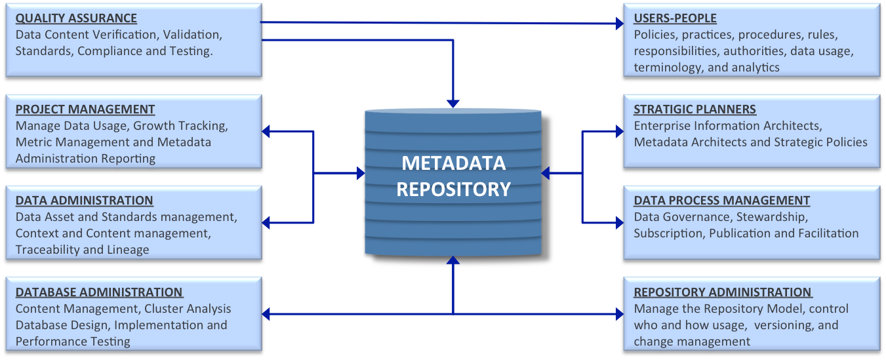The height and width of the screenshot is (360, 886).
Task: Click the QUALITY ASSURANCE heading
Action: (x=76, y=18)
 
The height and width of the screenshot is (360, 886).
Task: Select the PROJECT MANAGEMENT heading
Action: (x=85, y=110)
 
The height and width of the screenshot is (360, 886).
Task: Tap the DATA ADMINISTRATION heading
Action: (x=84, y=201)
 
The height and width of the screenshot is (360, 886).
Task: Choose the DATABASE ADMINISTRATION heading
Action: (x=99, y=292)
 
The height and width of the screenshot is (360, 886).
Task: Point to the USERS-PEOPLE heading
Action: (x=675, y=18)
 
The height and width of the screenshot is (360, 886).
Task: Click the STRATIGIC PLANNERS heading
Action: (x=695, y=110)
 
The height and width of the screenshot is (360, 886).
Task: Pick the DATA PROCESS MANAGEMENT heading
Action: (x=721, y=201)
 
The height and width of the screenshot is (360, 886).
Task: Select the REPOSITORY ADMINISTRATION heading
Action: (x=722, y=292)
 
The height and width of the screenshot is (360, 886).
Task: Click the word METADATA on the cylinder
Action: (x=453, y=163)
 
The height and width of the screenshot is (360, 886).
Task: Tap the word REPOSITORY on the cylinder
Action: (x=453, y=189)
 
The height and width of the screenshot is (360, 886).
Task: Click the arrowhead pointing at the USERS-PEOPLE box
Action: (x=619, y=24)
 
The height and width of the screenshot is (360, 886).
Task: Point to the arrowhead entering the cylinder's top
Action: (x=453, y=104)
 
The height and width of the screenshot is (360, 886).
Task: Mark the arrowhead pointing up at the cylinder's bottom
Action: (x=453, y=260)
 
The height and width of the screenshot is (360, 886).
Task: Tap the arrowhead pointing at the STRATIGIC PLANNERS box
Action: (x=618, y=131)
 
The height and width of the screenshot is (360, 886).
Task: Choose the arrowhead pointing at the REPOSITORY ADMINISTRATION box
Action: (x=618, y=315)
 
